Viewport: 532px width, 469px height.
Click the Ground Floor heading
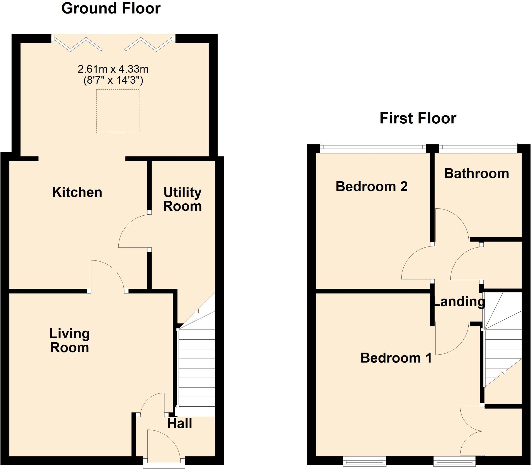point(111,9)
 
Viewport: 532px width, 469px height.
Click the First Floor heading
point(418,118)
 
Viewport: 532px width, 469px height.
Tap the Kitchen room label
point(77,192)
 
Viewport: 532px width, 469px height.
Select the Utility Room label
point(182,199)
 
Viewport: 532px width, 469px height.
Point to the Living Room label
point(70,341)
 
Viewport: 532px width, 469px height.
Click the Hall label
point(179,424)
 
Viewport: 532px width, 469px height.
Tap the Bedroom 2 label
point(371,186)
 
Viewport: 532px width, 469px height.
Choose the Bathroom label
point(477,173)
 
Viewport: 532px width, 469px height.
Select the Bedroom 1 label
point(396,358)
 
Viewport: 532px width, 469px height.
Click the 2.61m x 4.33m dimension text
point(113,69)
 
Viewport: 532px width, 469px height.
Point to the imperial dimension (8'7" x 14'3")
point(113,80)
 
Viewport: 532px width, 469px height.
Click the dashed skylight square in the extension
point(118,111)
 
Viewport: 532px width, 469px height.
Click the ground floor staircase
point(196,370)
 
